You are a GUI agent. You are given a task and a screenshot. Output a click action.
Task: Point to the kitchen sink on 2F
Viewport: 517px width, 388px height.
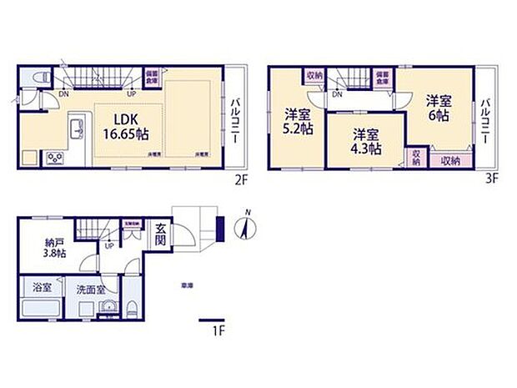[77, 128]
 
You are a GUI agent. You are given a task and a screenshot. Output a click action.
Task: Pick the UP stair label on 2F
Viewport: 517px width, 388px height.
[130, 93]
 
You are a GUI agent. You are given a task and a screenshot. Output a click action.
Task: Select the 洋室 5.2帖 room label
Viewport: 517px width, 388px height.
[297, 121]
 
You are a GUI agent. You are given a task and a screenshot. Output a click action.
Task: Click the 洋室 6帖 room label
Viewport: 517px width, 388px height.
[439, 109]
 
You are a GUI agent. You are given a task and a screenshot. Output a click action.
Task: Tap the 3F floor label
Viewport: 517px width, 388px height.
[492, 178]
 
